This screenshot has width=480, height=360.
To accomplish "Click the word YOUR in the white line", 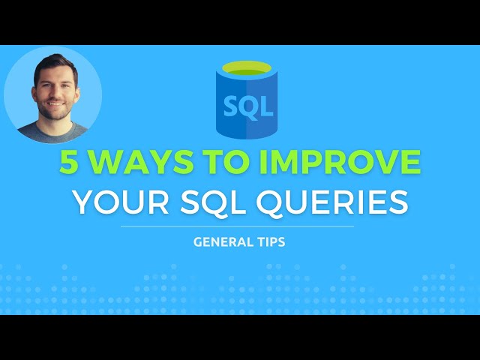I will [x=118, y=202].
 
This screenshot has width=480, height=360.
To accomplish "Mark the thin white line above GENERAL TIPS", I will [x=237, y=226].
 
